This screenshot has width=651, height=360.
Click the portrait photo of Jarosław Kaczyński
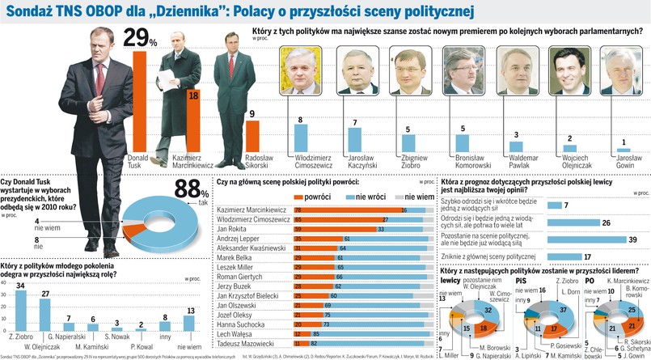[x=357, y=70]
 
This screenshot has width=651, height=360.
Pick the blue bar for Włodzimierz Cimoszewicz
[x=301, y=137]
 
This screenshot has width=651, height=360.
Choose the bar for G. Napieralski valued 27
[x=45, y=315]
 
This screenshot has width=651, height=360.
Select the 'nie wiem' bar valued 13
[x=190, y=322]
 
